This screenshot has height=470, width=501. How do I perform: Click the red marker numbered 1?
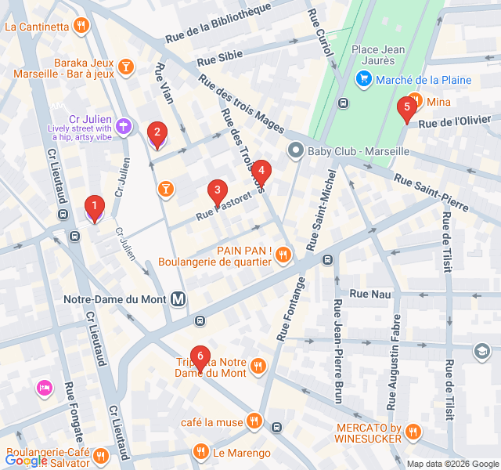coord(95,208)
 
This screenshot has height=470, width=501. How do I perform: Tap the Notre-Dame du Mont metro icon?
coord(179,299)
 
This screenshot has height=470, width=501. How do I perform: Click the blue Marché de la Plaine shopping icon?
coord(363,79)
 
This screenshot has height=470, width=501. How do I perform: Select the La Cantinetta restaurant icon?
coord(81,26)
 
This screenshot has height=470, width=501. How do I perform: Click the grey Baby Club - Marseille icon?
coord(296,150)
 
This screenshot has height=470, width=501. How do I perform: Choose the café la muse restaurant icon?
coord(254,422)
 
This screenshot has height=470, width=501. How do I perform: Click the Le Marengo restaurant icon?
coord(201,452)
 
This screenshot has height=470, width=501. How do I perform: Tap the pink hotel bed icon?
coord(44,387)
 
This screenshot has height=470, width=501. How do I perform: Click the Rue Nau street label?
coord(369,294)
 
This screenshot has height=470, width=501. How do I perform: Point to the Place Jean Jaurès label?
coord(378,56)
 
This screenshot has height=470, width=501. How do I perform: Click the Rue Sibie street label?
coord(219,59)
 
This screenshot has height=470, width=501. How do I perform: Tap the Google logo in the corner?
coord(26,461)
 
